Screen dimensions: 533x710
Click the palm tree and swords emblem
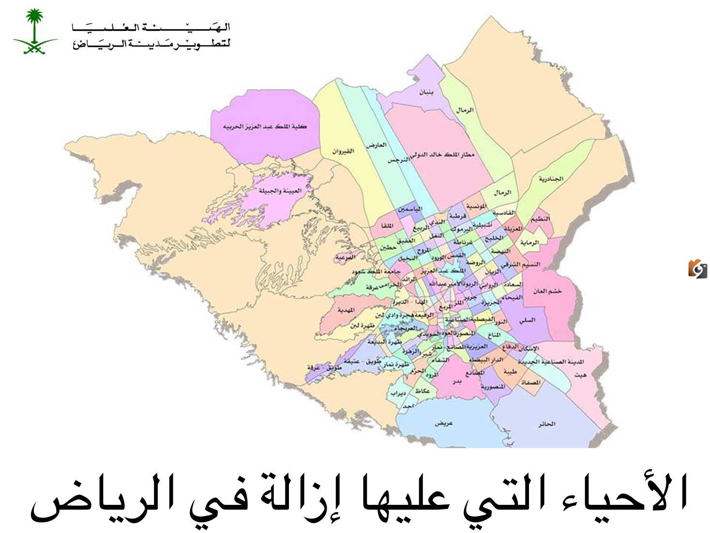[x=34, y=31]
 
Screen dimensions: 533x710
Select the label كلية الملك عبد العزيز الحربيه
[x=265, y=126]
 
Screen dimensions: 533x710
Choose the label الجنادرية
[x=551, y=179]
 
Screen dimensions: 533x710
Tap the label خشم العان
[x=547, y=291]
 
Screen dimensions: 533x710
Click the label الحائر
[x=546, y=423]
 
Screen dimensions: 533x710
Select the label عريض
[x=443, y=423]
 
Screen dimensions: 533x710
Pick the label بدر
[x=456, y=381]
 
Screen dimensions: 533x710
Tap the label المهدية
[x=346, y=310]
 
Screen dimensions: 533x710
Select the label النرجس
[x=396, y=160]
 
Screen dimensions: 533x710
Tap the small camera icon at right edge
[x=697, y=269]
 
